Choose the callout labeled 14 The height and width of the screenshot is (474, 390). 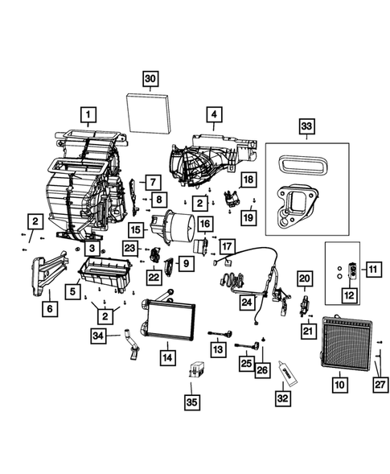166,356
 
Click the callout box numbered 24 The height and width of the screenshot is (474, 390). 245,302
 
